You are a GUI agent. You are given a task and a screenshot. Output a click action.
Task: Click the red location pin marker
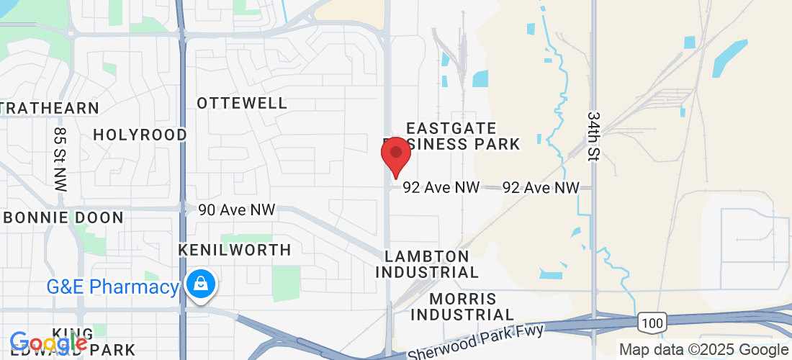coord(395,154)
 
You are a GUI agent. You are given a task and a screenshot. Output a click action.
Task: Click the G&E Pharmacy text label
coord(112,287)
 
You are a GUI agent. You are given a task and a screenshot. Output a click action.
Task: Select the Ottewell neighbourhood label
coord(242,103)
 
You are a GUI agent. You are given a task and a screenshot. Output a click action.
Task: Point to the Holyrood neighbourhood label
coord(140,135)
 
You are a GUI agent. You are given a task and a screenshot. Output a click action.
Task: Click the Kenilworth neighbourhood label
coord(235,250)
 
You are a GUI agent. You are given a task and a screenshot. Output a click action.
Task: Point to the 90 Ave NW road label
coord(237,210)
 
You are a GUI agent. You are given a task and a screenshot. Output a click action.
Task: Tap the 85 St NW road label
coord(60,159)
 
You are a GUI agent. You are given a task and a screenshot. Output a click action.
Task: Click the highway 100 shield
coord(652,322)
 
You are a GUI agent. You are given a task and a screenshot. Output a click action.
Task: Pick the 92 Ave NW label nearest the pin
coord(441,187)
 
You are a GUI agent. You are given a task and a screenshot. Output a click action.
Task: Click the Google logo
coord(48,343)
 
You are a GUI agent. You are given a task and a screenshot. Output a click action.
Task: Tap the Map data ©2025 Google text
coord(704,350)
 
